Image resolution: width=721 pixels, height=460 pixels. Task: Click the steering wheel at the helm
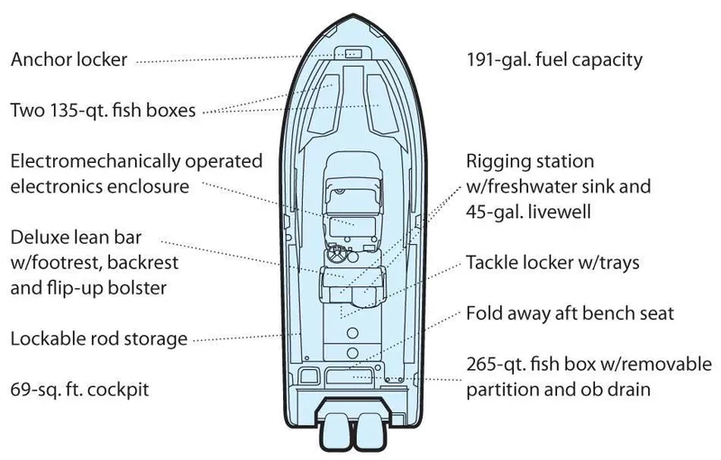338,255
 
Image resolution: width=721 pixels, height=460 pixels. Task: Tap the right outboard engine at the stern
370,431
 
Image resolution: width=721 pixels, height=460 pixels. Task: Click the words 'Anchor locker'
68,61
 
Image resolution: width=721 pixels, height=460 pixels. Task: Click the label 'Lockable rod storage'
99,339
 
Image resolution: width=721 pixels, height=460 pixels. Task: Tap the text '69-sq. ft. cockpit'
79,390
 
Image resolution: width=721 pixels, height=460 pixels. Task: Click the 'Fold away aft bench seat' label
570,315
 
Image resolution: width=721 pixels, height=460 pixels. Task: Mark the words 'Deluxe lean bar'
77,239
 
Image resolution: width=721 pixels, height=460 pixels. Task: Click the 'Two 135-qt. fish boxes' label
105,112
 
